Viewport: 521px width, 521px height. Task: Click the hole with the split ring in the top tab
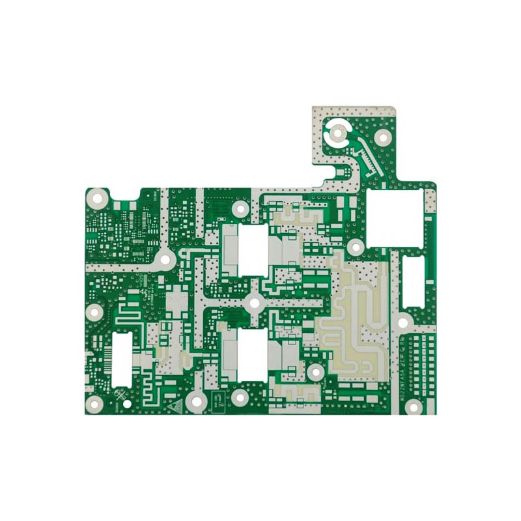(338, 134)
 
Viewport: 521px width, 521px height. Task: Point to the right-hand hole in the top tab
(383, 137)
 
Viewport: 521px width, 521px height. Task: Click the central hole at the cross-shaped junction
(254, 302)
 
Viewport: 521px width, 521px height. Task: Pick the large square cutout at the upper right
(395, 218)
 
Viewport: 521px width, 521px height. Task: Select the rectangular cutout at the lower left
(122, 358)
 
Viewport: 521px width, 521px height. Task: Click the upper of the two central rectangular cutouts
(246, 250)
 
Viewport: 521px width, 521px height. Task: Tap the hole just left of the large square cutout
(356, 247)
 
